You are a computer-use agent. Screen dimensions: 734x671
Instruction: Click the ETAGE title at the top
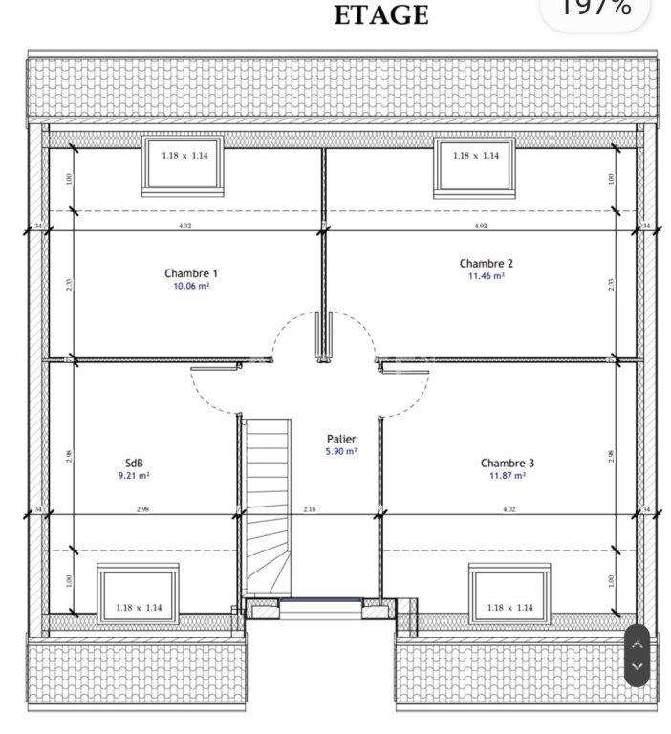(381, 16)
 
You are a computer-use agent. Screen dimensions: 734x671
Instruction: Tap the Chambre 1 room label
(191, 273)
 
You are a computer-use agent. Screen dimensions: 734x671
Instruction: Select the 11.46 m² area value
(486, 276)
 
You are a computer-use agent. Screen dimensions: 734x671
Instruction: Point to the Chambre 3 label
(508, 464)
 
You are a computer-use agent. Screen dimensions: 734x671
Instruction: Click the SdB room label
(134, 463)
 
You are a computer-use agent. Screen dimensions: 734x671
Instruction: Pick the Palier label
(341, 440)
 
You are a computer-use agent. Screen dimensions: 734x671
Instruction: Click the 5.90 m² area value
(341, 452)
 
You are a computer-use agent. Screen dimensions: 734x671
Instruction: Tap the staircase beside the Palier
(267, 507)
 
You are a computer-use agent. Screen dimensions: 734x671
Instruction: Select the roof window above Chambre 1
(183, 164)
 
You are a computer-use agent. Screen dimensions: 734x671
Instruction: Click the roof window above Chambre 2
(475, 164)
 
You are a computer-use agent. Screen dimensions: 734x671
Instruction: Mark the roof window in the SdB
(139, 593)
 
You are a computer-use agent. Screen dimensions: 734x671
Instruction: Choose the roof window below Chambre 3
(509, 593)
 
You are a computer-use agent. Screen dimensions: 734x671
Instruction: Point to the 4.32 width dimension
(184, 227)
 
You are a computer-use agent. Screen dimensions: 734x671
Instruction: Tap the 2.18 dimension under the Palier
(310, 510)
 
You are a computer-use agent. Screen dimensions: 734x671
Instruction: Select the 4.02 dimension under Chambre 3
(509, 510)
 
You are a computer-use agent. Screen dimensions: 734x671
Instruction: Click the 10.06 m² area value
(191, 286)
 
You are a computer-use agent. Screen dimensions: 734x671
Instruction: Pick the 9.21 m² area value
(134, 475)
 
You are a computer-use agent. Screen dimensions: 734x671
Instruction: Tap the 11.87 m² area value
(508, 476)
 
